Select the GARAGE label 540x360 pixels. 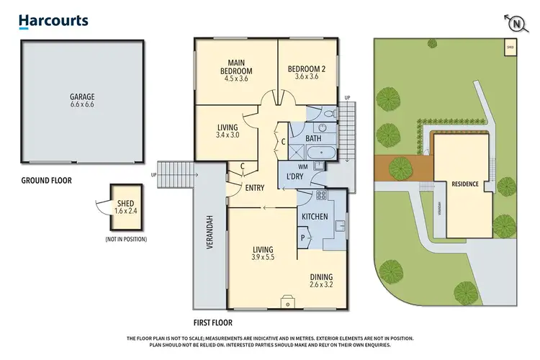pyautogui.click(x=82, y=96)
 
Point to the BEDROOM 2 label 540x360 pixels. pyautogui.click(x=307, y=69)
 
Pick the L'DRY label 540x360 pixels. pyautogui.click(x=294, y=176)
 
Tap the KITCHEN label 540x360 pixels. pyautogui.click(x=315, y=216)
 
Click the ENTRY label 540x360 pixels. pyautogui.click(x=254, y=188)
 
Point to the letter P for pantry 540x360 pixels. pyautogui.click(x=304, y=237)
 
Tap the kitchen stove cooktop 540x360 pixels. pyautogui.click(x=320, y=195)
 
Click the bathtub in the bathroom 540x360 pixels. pyautogui.click(x=317, y=153)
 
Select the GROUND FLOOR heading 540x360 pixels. pyautogui.click(x=45, y=180)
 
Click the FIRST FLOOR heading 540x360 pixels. pyautogui.click(x=213, y=323)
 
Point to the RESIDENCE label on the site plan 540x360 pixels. pyautogui.click(x=465, y=184)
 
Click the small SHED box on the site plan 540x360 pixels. pyautogui.click(x=510, y=48)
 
